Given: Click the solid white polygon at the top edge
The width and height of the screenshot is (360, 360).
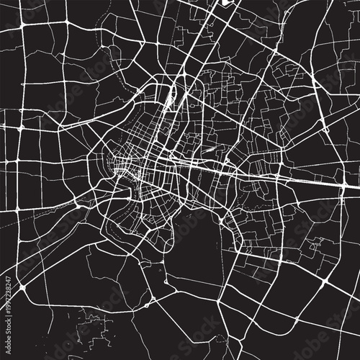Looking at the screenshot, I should pyautogui.click(x=229, y=3).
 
